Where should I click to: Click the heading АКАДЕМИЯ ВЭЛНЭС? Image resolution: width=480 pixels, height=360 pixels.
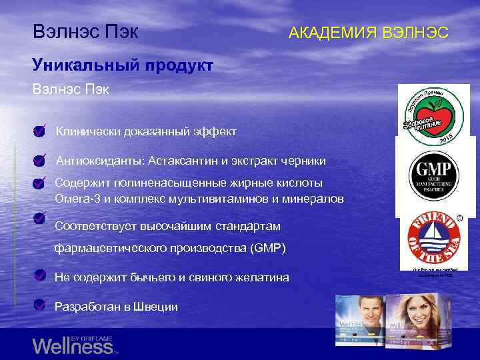coord(368,33)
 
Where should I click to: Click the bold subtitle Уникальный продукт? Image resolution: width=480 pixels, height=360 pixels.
coord(123,65)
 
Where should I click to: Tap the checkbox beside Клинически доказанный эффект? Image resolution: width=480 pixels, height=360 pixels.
coord(40,131)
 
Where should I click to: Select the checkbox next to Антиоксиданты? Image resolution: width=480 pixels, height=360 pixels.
coord(40,159)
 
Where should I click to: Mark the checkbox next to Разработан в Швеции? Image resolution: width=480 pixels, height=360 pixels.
coord(40,306)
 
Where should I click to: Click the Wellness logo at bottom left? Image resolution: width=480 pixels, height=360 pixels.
coord(73,345)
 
